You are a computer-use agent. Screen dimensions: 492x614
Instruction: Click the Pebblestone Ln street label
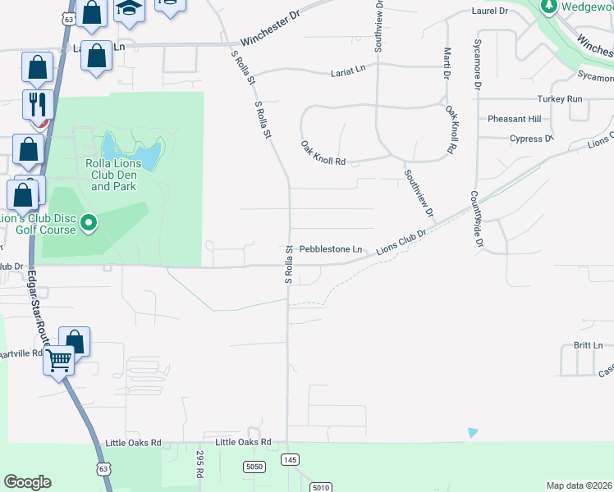coord(330,249)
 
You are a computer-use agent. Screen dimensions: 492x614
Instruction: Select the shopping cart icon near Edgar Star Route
coord(59,359)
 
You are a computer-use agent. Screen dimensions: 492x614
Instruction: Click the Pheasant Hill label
coord(514,119)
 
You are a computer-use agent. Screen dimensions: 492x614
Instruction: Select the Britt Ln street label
coord(588,345)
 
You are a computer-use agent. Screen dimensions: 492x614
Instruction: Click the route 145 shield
coord(289,460)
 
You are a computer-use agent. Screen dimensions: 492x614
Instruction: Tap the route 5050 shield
coord(255,467)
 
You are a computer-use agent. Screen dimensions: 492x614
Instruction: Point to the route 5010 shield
coord(320,487)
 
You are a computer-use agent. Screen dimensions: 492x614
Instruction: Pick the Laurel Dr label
coord(490,11)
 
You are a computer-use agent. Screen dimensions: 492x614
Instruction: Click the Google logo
coord(27,482)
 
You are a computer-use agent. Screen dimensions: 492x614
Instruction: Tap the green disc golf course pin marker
coord(90,222)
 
